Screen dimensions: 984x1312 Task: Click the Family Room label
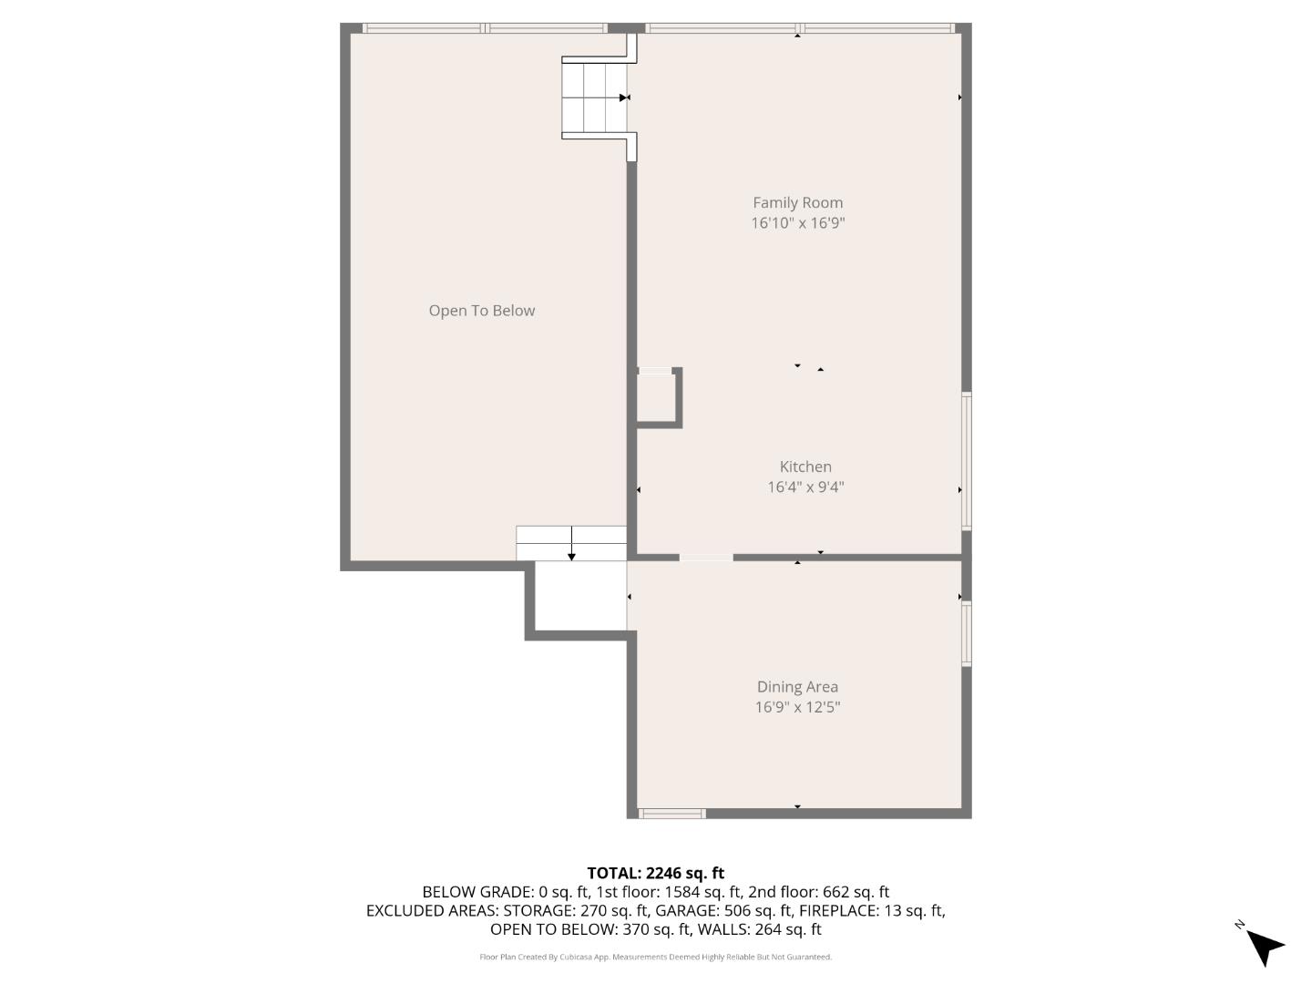click(797, 202)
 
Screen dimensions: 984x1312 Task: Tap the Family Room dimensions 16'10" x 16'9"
click(797, 223)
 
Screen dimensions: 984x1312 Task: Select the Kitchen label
click(805, 466)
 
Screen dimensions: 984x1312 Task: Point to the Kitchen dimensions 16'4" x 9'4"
click(805, 487)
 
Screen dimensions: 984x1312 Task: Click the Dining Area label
click(797, 687)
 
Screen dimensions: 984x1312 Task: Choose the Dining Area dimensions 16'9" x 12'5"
click(797, 707)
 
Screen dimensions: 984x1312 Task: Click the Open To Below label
click(481, 311)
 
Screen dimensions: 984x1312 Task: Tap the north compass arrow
click(1263, 945)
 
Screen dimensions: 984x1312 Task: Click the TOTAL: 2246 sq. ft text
click(655, 873)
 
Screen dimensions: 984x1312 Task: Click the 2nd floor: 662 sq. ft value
click(818, 892)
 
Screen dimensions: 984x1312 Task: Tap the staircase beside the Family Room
click(594, 97)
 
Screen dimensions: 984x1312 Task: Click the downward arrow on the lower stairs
click(571, 554)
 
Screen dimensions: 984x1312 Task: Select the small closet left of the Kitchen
click(655, 398)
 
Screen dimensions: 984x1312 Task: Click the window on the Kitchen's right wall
click(967, 460)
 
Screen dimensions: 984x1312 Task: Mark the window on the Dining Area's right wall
click(967, 633)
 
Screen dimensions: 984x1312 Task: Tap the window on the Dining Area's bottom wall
click(671, 813)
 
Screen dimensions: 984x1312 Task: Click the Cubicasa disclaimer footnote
click(655, 957)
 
